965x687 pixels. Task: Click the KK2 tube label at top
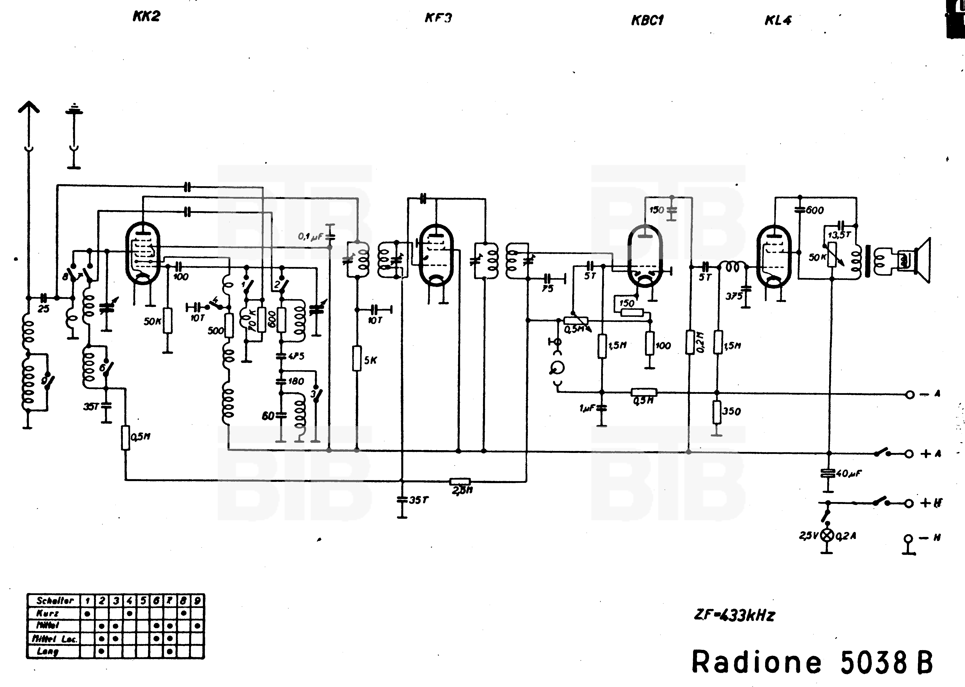click(x=146, y=16)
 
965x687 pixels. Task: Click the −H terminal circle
click(x=908, y=538)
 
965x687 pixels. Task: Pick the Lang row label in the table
click(x=47, y=651)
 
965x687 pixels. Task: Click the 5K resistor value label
click(x=370, y=360)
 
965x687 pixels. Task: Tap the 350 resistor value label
click(x=731, y=411)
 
